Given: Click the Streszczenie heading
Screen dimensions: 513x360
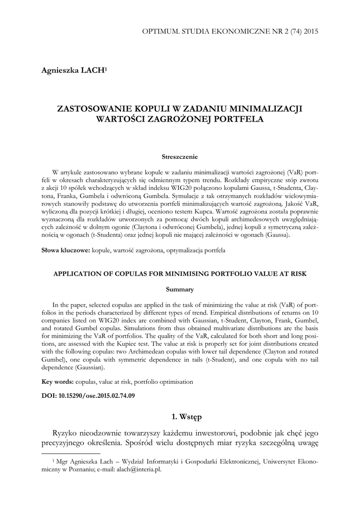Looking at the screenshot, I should [x=180, y=157].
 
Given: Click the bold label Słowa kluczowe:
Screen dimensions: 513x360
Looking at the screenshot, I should [x=66, y=249].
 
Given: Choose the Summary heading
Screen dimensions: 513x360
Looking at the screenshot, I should [x=180, y=289].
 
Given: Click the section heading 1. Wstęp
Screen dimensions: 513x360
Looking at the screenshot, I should [x=180, y=416].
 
